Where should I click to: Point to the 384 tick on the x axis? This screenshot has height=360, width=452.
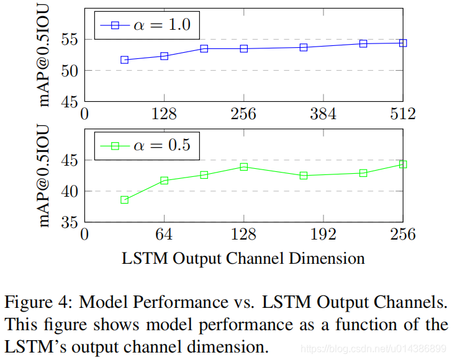(323, 114)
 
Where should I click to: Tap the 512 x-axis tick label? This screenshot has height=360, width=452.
(402, 114)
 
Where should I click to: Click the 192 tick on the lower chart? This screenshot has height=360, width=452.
(323, 234)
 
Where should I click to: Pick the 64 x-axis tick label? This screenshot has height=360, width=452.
(164, 234)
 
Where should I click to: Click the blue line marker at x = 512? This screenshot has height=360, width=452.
(403, 43)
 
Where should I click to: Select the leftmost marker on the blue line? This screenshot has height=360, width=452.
(124, 60)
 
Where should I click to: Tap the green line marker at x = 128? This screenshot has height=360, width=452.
(244, 167)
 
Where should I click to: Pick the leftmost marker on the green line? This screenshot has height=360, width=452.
(124, 200)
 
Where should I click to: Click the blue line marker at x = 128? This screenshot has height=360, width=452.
(164, 56)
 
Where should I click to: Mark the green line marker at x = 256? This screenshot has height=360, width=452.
(403, 164)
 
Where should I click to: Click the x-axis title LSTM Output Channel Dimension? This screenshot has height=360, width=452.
(243, 257)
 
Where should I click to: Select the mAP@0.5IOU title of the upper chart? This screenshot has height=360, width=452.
(45, 55)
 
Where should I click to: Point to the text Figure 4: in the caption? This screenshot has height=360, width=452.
(34, 303)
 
